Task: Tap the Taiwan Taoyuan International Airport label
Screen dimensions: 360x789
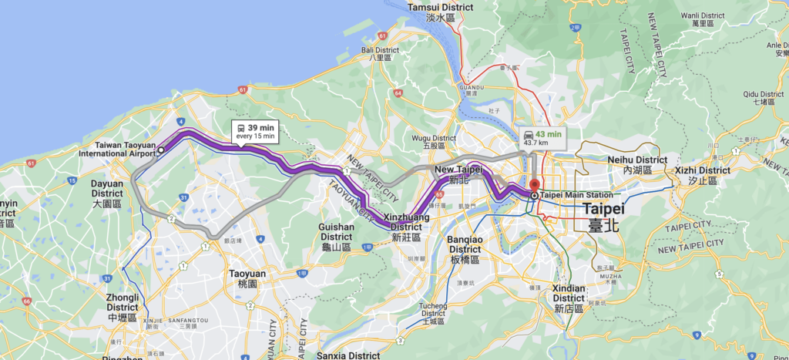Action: [125, 149]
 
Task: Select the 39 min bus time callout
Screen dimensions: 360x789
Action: [257, 130]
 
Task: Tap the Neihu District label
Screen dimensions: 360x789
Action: [631, 163]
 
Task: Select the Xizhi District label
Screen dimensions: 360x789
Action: [702, 174]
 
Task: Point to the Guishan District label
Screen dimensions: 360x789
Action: [337, 232]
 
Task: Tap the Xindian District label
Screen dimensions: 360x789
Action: [569, 293]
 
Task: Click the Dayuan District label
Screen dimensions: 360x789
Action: [106, 189]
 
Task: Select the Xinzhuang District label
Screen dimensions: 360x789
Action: [406, 222]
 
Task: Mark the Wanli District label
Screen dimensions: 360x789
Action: [700, 19]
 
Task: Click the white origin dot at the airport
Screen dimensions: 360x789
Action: [161, 150]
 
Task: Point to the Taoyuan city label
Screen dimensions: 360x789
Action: [247, 278]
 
